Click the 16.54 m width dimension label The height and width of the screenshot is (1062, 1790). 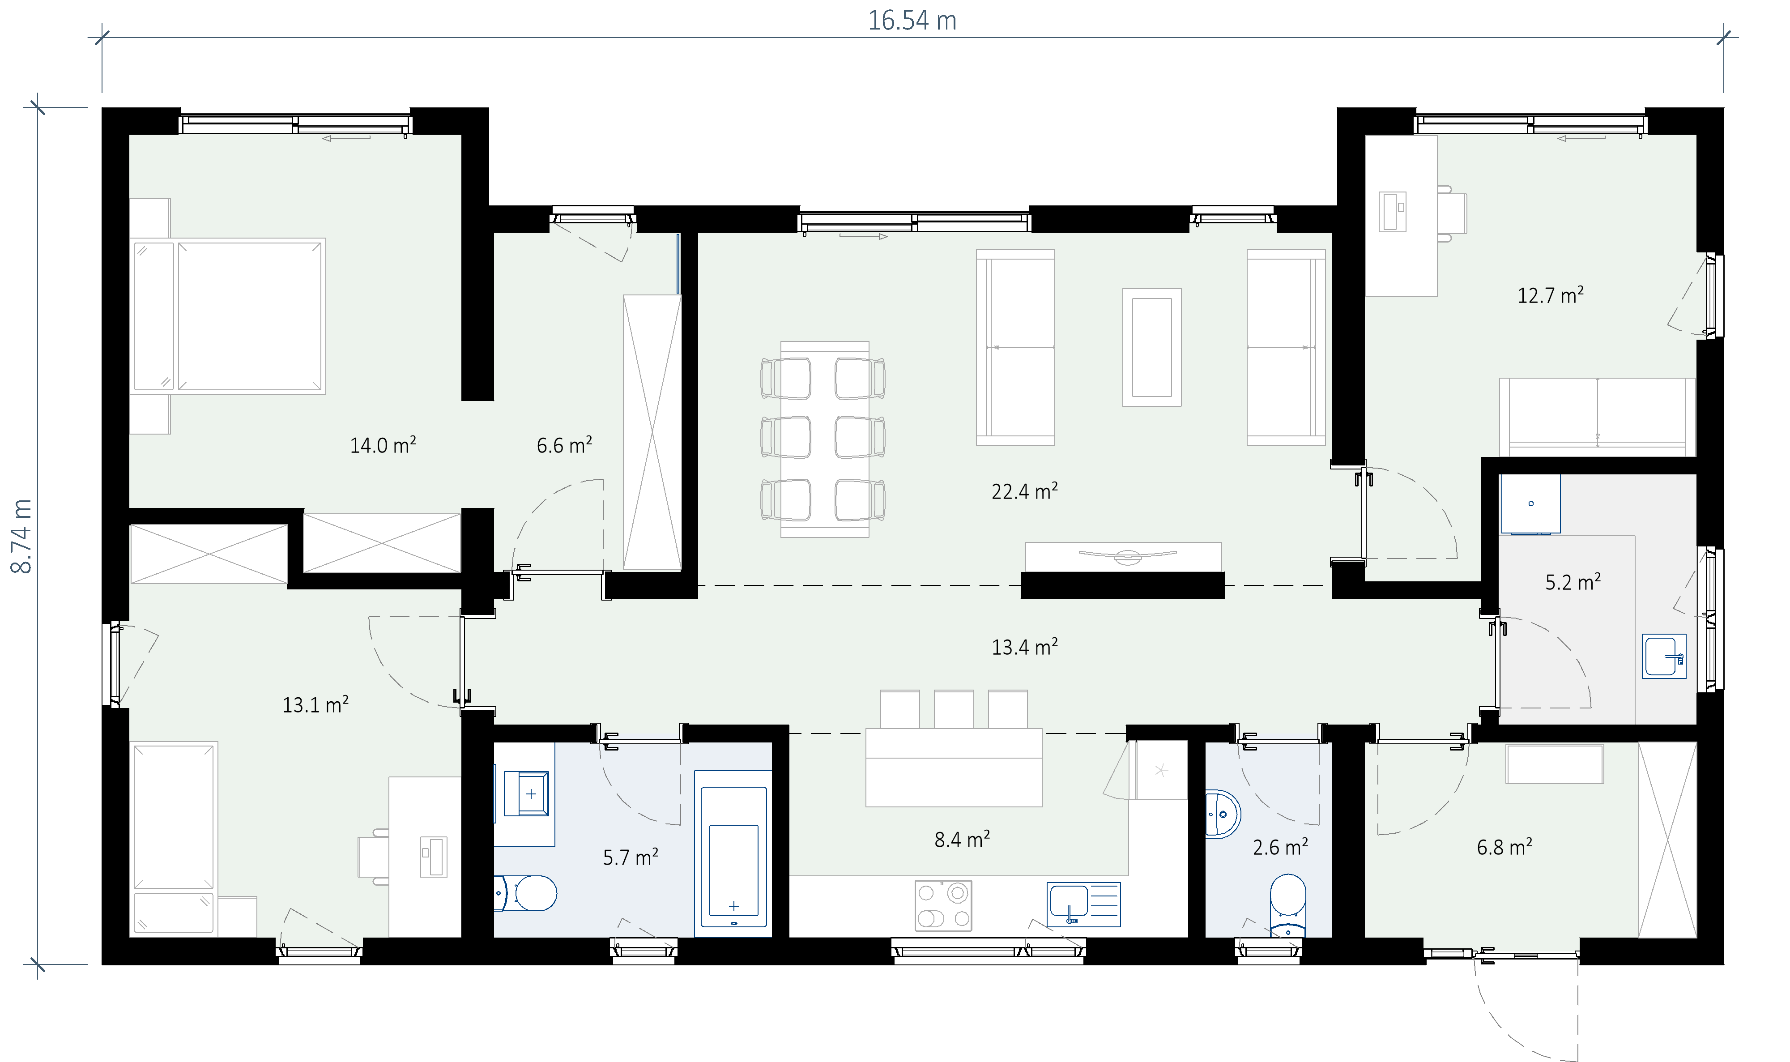[912, 21]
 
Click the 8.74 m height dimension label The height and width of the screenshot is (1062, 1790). [21, 536]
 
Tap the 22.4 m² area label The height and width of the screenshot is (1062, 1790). [1024, 491]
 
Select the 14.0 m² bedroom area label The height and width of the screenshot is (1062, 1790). [383, 445]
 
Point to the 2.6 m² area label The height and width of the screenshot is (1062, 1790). [1281, 847]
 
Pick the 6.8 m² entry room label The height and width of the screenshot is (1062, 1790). [1504, 847]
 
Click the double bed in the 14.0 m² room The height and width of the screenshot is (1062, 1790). [229, 316]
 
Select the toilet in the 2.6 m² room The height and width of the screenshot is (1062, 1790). [1288, 905]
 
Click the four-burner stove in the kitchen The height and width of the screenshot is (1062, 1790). [943, 905]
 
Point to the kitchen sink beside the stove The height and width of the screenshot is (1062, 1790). [1083, 904]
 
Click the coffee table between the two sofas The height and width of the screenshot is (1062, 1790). [1152, 347]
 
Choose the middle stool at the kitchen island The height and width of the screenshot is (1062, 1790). [954, 709]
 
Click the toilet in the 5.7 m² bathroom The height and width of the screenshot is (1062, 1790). [526, 893]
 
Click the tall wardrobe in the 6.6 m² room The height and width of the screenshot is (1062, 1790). [652, 432]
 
